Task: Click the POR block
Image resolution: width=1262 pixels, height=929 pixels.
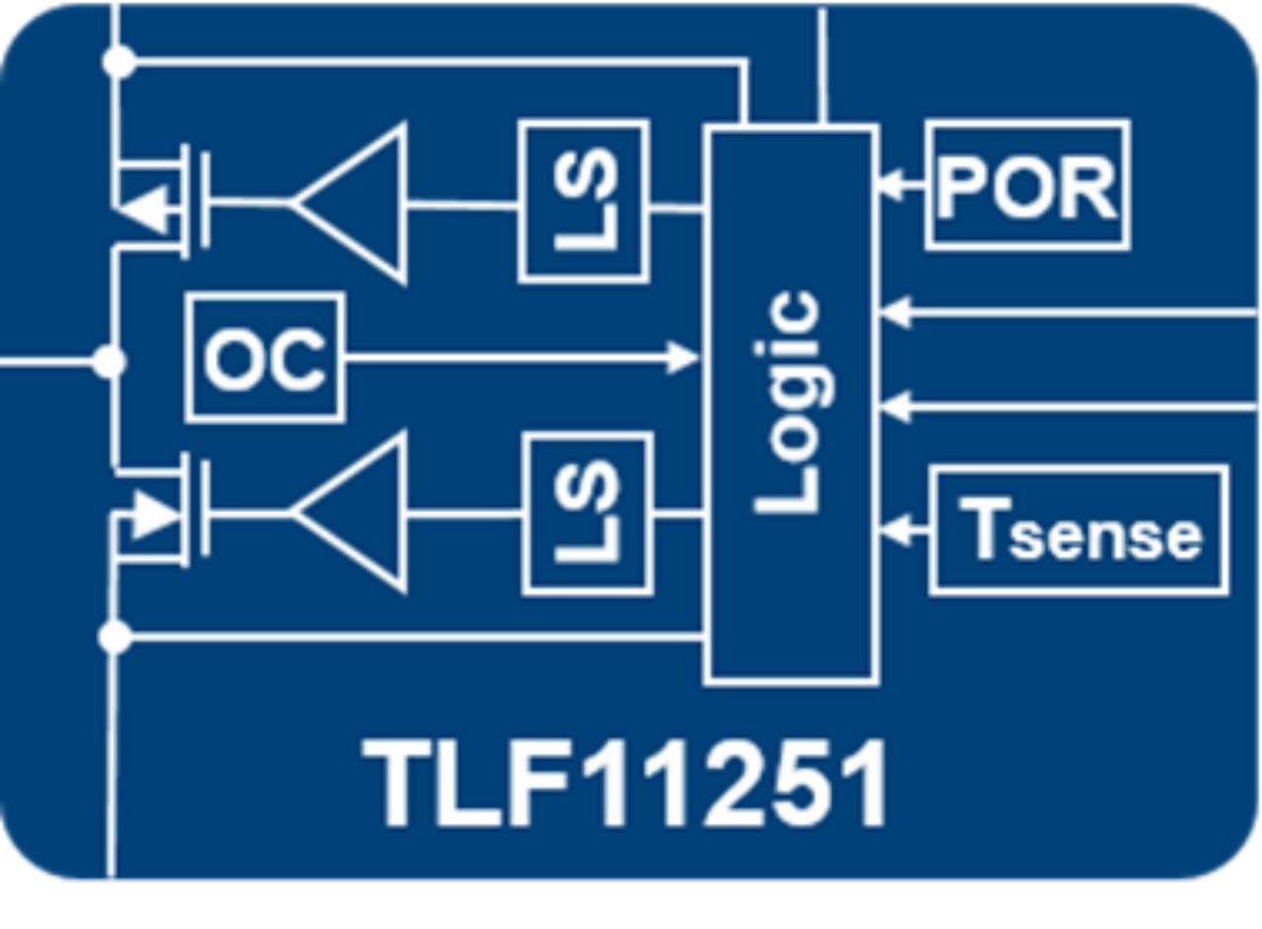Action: (1027, 184)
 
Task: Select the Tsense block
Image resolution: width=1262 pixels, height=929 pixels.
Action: (1080, 531)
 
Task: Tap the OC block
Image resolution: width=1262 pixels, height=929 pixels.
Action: (264, 358)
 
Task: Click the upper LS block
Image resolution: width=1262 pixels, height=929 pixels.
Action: (584, 201)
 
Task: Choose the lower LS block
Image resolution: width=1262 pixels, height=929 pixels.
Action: (588, 514)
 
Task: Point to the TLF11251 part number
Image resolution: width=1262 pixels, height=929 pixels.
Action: (625, 784)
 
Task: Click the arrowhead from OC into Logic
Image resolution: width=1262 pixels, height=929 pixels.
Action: (683, 358)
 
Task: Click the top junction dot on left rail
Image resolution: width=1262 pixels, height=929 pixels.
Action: (118, 62)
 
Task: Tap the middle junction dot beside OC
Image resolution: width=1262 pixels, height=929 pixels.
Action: (109, 362)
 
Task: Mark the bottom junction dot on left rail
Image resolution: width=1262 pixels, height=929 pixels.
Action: (115, 638)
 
